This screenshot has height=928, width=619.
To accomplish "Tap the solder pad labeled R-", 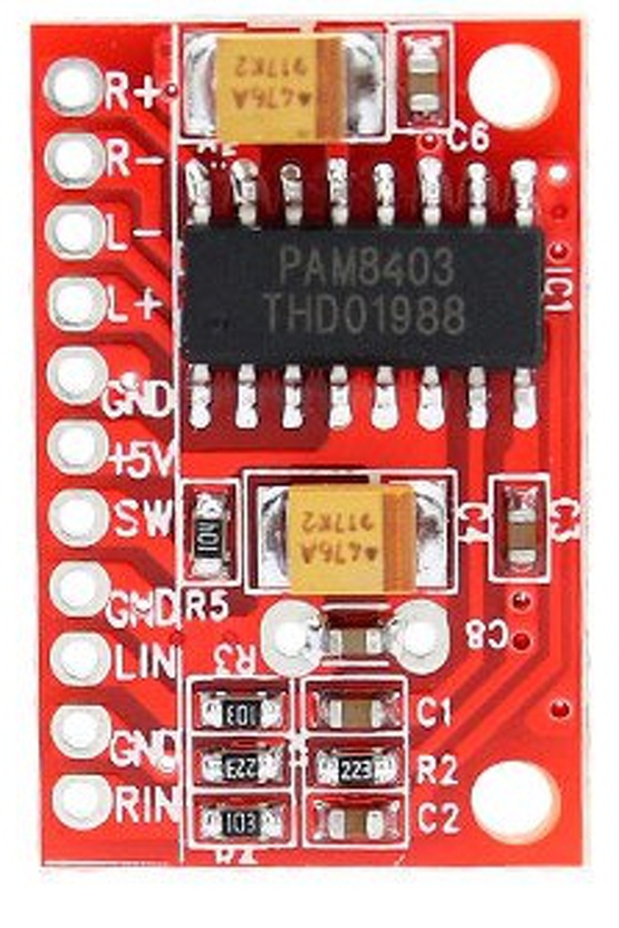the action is point(75,159).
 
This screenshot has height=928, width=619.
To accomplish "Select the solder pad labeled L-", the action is point(75,231).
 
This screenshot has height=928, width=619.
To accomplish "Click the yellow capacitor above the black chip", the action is point(279,87).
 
